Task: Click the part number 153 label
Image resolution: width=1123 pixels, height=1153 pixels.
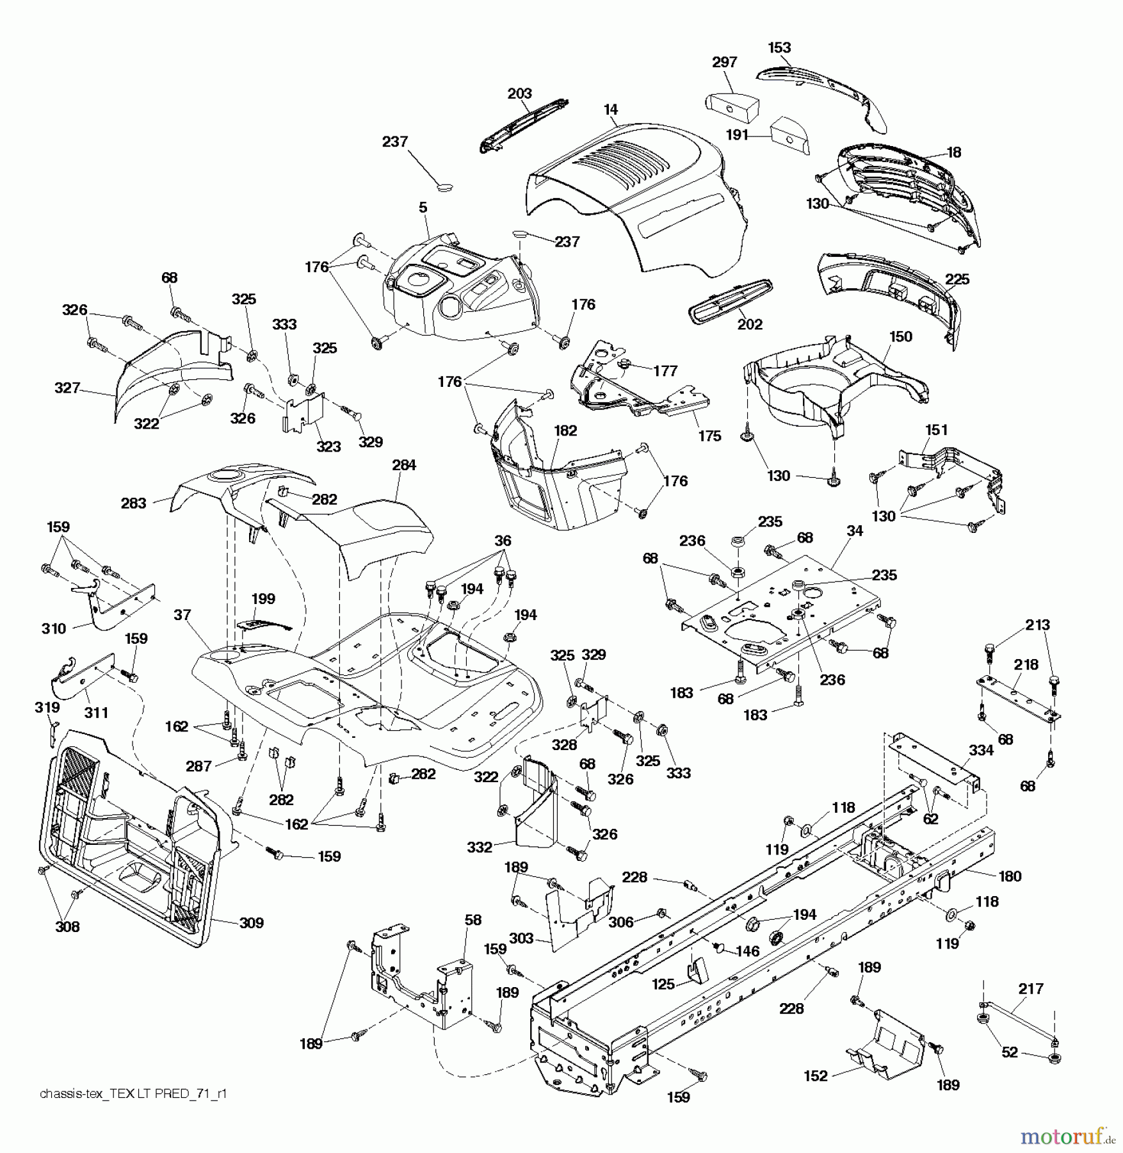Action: point(779,47)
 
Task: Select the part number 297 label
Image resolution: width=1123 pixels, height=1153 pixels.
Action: point(724,62)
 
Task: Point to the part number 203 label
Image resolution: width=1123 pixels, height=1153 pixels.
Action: point(519,94)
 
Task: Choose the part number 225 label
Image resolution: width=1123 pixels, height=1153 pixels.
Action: point(957,279)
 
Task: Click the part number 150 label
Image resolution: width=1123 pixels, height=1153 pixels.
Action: point(901,336)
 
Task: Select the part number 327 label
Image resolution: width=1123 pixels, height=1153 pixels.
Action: point(67,388)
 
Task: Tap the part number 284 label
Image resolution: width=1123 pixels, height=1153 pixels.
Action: point(404,465)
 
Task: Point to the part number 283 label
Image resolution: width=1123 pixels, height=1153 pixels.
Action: point(133,503)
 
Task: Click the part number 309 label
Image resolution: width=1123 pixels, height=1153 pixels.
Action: point(251,922)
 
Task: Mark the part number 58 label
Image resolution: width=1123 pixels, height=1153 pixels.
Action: point(473,920)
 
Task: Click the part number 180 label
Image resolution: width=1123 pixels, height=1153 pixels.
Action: point(1010,876)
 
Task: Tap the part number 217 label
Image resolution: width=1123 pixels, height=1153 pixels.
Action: point(1031,989)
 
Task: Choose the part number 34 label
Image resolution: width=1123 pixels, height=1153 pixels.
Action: point(854,530)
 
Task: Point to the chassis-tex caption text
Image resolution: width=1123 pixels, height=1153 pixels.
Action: point(133,1093)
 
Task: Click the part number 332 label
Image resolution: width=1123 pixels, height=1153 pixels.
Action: point(480,847)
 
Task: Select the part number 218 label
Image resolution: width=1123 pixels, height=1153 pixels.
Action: point(1026,665)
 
